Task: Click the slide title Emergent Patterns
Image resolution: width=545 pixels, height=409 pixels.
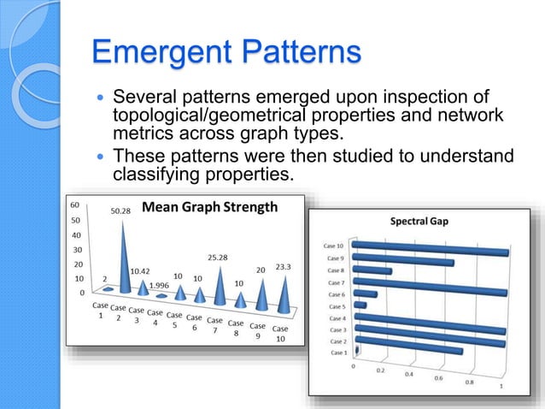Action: (226, 52)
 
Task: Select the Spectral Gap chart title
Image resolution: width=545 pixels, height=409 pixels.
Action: (419, 221)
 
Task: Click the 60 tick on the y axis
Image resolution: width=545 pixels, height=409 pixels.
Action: (75, 205)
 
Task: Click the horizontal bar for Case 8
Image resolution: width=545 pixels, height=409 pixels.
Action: (373, 271)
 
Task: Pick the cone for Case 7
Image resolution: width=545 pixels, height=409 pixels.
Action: (220, 287)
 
